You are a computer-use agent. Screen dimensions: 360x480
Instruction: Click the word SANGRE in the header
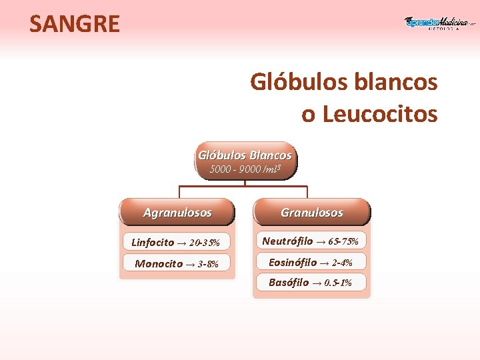point(75,24)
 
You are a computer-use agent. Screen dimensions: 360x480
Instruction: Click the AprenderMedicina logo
point(440,23)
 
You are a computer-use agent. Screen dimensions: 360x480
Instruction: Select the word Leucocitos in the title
point(380,114)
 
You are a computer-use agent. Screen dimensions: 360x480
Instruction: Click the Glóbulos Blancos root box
point(245,155)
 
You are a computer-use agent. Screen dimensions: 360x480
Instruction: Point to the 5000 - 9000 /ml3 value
point(245,169)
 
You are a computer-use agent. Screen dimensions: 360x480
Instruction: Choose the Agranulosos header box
point(177,213)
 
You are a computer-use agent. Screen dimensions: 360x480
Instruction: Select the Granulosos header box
point(311,213)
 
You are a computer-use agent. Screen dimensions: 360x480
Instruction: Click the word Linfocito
point(153,242)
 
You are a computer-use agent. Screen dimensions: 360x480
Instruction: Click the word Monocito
point(159,263)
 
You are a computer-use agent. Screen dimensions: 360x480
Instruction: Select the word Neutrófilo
point(287,241)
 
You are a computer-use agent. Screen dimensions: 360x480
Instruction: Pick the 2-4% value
point(342,263)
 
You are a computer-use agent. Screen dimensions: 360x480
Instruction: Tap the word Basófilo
point(289,283)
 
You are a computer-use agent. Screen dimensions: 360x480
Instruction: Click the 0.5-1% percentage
point(338,283)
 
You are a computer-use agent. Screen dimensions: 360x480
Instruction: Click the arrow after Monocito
point(190,264)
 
